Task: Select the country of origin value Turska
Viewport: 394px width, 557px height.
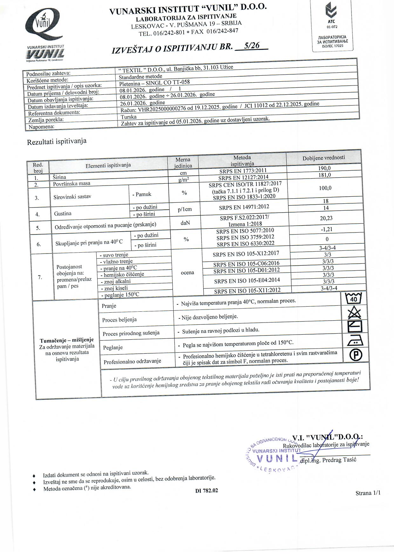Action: (x=129, y=117)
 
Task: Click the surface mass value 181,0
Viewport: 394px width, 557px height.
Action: (x=324, y=175)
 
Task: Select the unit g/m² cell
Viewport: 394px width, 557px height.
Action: (x=184, y=180)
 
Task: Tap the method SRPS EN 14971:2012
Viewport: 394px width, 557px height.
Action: (x=244, y=207)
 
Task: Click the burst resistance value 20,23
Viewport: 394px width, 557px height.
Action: (x=326, y=218)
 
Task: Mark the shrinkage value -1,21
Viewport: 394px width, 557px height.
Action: (x=326, y=229)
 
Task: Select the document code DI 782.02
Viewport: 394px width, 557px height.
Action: (x=207, y=491)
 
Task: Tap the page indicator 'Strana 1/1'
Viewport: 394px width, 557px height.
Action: (x=368, y=493)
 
